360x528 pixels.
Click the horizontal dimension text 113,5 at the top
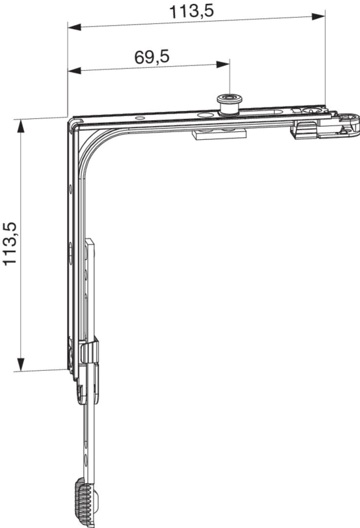191,12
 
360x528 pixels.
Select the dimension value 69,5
152,57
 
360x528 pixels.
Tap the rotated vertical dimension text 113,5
10,244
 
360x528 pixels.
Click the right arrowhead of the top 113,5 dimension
318,16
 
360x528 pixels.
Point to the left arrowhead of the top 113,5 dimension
75,27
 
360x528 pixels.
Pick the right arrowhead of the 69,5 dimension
223,64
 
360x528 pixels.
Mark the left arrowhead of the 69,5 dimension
75,71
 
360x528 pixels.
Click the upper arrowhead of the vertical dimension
21,126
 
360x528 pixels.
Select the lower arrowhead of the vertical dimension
21,364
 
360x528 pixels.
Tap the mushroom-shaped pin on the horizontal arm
228,105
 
